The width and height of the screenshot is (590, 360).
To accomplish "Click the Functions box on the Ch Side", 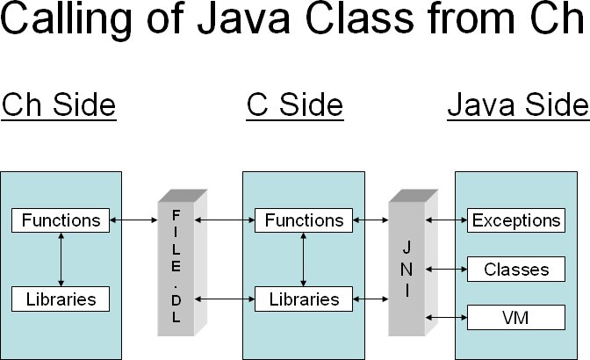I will [x=61, y=220].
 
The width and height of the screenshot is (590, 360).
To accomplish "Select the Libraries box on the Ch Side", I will [x=61, y=299].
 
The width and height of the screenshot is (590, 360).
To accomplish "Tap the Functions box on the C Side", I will [x=304, y=220].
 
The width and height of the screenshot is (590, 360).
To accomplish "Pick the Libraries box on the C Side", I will [x=304, y=299].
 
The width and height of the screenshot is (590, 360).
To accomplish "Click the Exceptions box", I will [x=516, y=220].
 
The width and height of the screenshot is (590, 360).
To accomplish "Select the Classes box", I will [x=516, y=269].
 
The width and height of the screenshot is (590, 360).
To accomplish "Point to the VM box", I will [x=516, y=315].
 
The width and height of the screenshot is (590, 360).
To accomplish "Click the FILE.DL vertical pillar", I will [x=175, y=267].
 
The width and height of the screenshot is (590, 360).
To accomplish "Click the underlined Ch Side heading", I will [x=59, y=105].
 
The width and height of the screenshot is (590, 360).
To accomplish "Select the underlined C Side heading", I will [x=295, y=105].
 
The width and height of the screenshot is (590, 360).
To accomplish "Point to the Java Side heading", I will [x=518, y=105].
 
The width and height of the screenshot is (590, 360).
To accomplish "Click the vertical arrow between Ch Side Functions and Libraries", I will [x=61, y=259].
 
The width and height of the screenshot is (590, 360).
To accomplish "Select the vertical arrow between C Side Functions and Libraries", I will [x=304, y=259].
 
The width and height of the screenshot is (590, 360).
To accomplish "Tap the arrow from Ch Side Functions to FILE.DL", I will [x=133, y=220].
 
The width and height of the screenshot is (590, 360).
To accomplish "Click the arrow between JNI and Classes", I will [x=445, y=269].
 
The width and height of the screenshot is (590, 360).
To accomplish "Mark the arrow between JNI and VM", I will [x=445, y=315].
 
